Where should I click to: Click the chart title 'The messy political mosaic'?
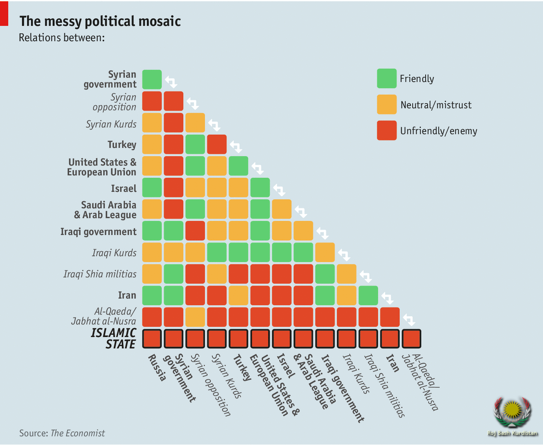[100, 21]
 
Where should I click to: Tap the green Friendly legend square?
[386, 78]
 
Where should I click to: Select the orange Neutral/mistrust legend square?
[386, 104]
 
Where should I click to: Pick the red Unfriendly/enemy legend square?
[386, 131]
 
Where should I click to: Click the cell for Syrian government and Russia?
[152, 79]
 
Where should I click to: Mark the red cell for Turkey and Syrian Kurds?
[217, 144]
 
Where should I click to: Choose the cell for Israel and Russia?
[152, 187]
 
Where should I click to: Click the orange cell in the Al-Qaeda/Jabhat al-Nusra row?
[195, 316]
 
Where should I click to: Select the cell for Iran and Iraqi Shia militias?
[368, 295]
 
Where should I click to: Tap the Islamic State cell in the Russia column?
[152, 338]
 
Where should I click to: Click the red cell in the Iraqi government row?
[195, 231]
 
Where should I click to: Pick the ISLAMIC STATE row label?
[114, 338]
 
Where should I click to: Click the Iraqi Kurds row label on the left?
[114, 253]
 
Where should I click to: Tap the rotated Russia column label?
[157, 368]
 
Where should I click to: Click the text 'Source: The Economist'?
[62, 433]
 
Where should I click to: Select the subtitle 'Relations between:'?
[62, 37]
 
